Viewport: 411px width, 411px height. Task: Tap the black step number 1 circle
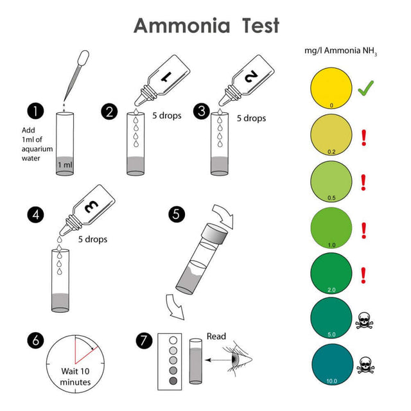pyautogui.click(x=36, y=111)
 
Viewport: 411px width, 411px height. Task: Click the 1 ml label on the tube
pyautogui.click(x=65, y=165)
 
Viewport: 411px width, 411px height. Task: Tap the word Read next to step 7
pyautogui.click(x=217, y=336)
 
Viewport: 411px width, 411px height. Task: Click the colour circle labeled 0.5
pyautogui.click(x=331, y=180)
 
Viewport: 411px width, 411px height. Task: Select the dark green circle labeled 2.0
pyautogui.click(x=331, y=272)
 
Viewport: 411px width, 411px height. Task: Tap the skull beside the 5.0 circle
pyautogui.click(x=367, y=319)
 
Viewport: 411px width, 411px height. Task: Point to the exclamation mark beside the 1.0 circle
pyautogui.click(x=365, y=229)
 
